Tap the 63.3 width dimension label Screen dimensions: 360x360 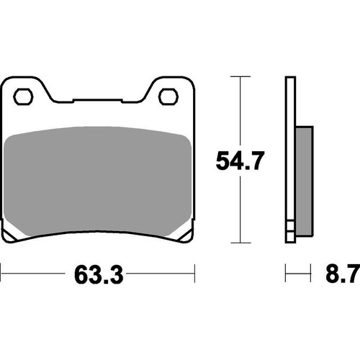click(x=96, y=274)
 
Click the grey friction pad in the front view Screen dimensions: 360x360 click(x=97, y=180)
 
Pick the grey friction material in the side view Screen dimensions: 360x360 click(x=302, y=180)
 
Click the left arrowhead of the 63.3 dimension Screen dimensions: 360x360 click(x=4, y=274)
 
